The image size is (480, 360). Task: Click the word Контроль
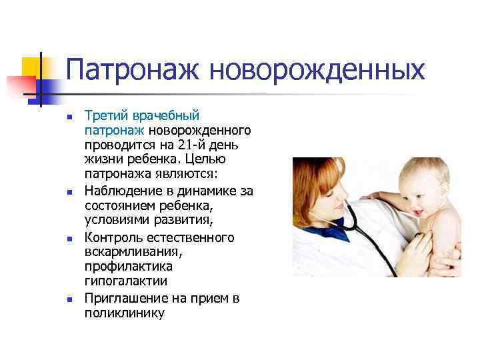[x=112, y=237]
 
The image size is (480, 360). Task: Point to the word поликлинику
[x=124, y=313]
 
